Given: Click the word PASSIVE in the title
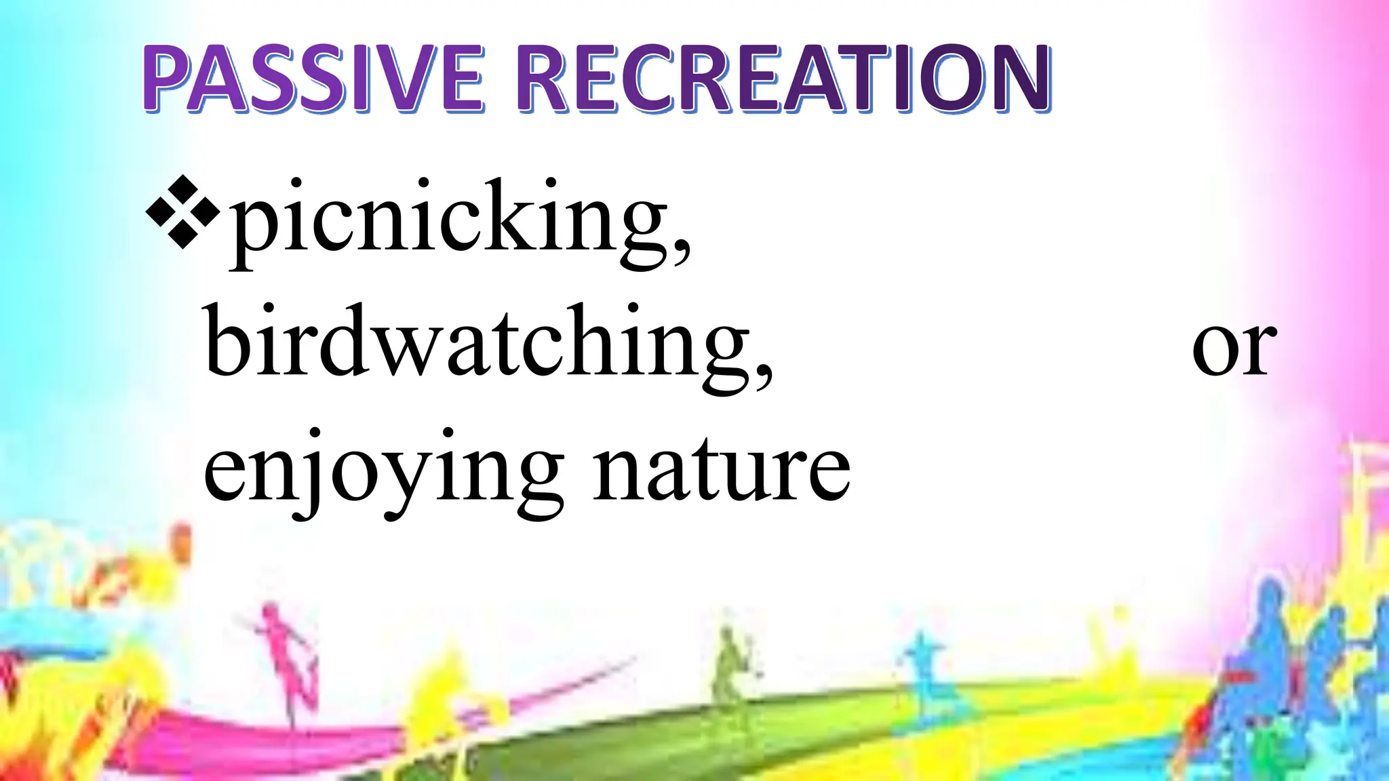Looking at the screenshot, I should click(x=313, y=78).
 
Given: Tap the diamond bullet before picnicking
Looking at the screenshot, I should click(x=182, y=212).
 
